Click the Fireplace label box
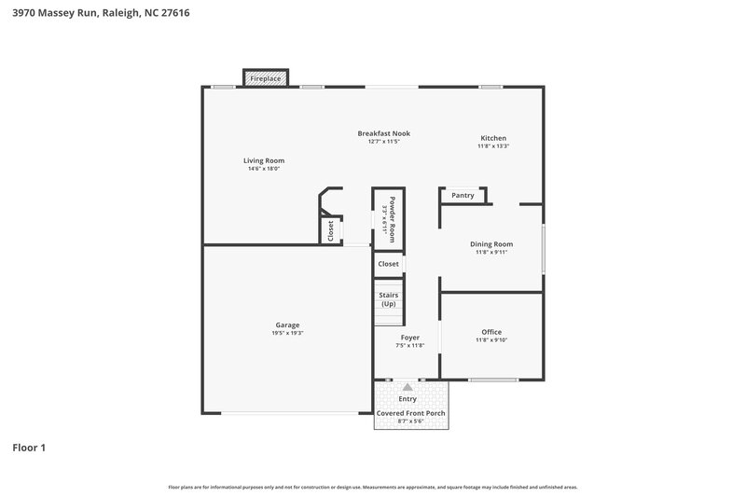(266, 78)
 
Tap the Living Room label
(264, 160)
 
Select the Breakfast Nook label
(383, 133)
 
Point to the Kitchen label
(493, 137)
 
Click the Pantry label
(463, 196)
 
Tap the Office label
(491, 332)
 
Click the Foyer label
(409, 337)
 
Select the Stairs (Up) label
(388, 299)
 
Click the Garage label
(287, 324)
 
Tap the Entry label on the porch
(408, 399)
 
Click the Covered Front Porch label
(411, 413)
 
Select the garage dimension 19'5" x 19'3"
(287, 333)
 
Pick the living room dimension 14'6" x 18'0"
(264, 169)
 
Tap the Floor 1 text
(29, 448)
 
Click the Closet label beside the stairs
(389, 264)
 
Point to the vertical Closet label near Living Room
(330, 230)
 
